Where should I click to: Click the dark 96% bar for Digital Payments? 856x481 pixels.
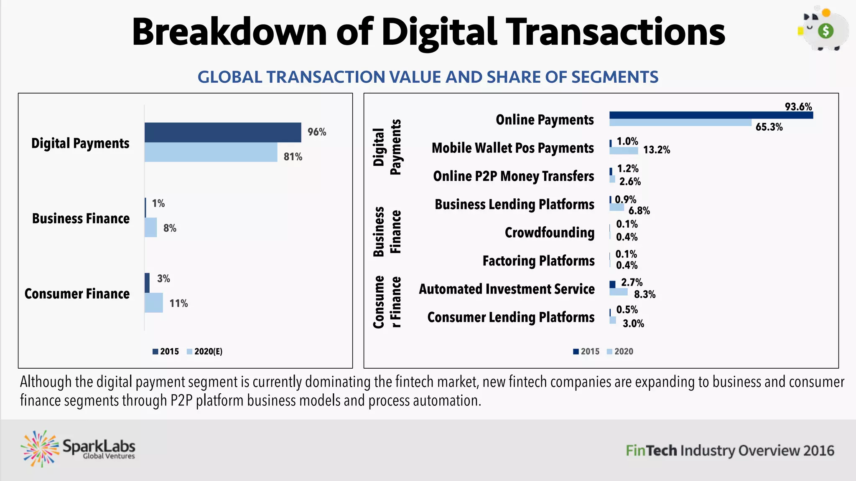[223, 132]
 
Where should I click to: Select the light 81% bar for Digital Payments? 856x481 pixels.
[211, 152]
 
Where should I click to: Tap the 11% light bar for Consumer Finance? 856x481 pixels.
[153, 303]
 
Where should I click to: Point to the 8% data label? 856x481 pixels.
[170, 228]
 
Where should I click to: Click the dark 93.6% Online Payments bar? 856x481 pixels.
[711, 115]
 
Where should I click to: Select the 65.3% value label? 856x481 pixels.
[769, 127]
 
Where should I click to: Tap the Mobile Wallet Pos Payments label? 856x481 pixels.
[512, 148]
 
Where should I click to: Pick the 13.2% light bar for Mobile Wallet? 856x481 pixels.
[624, 150]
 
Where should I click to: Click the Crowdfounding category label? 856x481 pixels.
[549, 233]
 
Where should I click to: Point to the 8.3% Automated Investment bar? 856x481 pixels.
[618, 292]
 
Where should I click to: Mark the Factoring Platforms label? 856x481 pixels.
[538, 261]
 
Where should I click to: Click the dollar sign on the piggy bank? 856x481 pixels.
[825, 31]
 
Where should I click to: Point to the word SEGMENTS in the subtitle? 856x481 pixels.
[614, 77]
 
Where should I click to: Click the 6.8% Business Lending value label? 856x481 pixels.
[639, 211]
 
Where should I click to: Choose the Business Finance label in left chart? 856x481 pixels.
[81, 219]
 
